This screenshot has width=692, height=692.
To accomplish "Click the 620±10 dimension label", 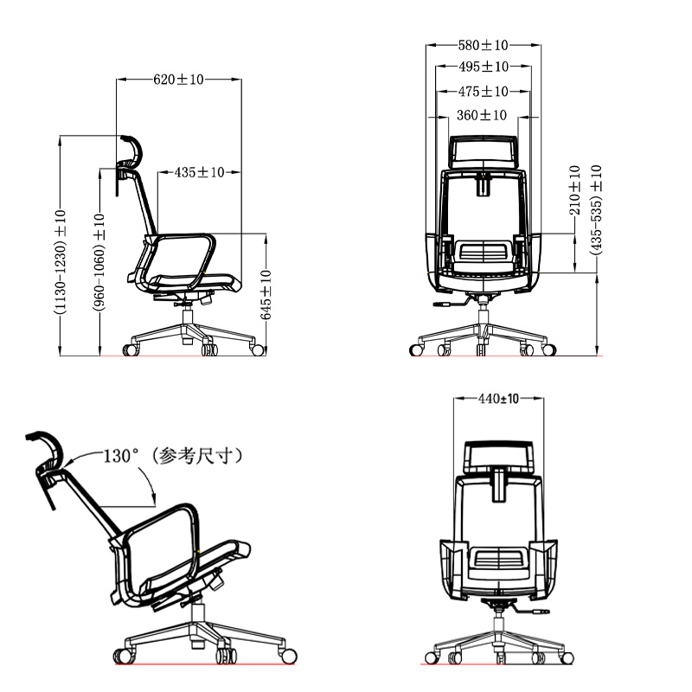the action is (178, 80).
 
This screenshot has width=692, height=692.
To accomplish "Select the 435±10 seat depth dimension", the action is (199, 172).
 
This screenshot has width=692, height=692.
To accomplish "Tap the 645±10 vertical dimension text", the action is (266, 294).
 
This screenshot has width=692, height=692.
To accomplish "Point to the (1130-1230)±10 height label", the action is (60, 262).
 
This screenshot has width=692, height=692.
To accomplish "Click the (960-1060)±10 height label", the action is (99, 262).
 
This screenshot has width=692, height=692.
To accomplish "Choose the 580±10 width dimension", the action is (483, 45).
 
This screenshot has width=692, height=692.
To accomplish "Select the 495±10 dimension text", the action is (484, 67).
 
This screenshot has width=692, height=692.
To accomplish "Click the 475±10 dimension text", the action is (483, 92).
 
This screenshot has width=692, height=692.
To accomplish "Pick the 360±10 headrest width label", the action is (482, 115).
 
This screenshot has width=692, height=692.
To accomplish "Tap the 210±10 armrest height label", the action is (574, 189).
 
